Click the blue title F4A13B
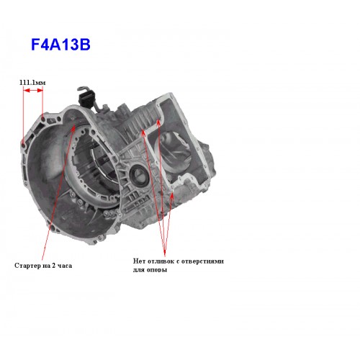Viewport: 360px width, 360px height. tap(60, 45)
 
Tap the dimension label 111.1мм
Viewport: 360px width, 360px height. tap(32, 83)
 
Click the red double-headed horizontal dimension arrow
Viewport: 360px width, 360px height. tap(33, 90)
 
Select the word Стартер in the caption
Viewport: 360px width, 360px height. tap(26, 266)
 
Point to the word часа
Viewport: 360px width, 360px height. tap(65, 266)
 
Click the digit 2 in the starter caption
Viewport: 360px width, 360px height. tap(54, 266)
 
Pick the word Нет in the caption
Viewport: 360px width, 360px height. tap(139, 261)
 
